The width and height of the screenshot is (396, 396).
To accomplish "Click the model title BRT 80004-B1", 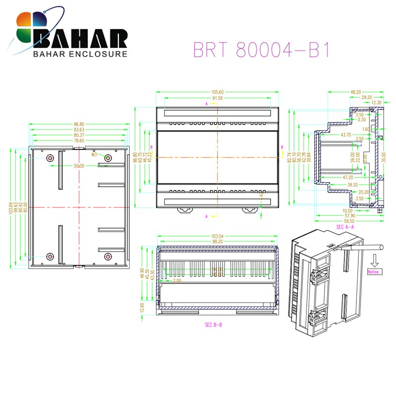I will (261, 50).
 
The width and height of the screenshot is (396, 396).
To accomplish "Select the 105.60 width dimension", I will (217, 92).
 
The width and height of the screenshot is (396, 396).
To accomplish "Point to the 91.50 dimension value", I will (217, 99).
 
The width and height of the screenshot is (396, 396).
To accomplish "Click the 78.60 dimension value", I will (79, 141).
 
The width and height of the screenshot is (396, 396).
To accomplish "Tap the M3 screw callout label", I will (94, 154).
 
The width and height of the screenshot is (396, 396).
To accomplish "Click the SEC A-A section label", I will (346, 227).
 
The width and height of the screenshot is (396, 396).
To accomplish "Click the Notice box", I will (373, 272).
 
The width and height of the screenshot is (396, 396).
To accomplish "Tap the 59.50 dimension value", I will (348, 221).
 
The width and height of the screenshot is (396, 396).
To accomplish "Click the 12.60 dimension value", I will (143, 307).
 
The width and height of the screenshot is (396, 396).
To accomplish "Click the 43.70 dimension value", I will (345, 135).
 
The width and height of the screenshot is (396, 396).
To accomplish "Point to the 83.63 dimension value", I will (79, 129).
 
